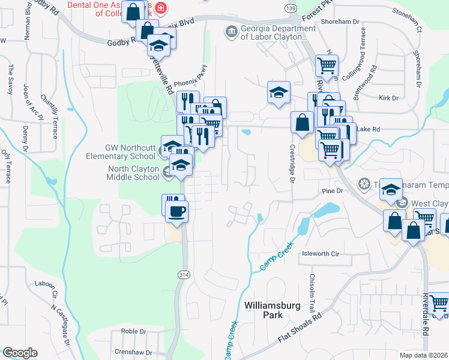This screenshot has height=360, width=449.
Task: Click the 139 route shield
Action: click(291, 8)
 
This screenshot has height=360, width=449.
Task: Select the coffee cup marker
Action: click(177, 211)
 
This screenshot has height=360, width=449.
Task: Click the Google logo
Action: click(20, 353)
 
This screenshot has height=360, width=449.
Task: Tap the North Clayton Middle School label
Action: click(133, 173)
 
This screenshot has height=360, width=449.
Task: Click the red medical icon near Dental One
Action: click(160, 8)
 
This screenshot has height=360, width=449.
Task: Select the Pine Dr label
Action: click(331, 191)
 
